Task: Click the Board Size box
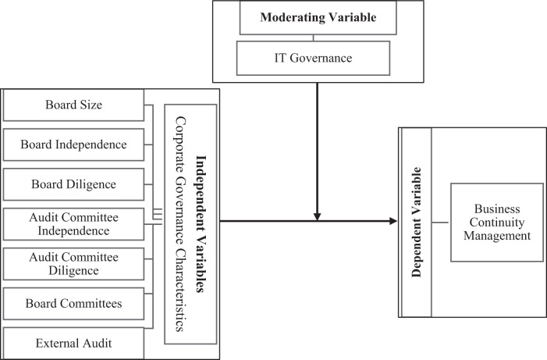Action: (x=74, y=105)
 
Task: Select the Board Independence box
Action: (x=74, y=144)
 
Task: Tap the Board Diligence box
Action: (x=74, y=184)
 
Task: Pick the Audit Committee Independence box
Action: (x=74, y=224)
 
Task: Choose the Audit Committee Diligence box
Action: (x=74, y=264)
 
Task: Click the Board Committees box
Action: (x=74, y=304)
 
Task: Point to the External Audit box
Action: (x=74, y=342)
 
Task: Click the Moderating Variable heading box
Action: (x=314, y=17)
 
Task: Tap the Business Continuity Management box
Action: (x=497, y=223)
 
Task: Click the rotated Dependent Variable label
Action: (x=415, y=223)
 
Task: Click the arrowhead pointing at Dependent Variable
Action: (x=392, y=222)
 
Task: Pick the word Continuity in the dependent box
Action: (x=497, y=223)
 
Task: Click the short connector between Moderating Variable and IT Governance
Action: (x=313, y=36)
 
